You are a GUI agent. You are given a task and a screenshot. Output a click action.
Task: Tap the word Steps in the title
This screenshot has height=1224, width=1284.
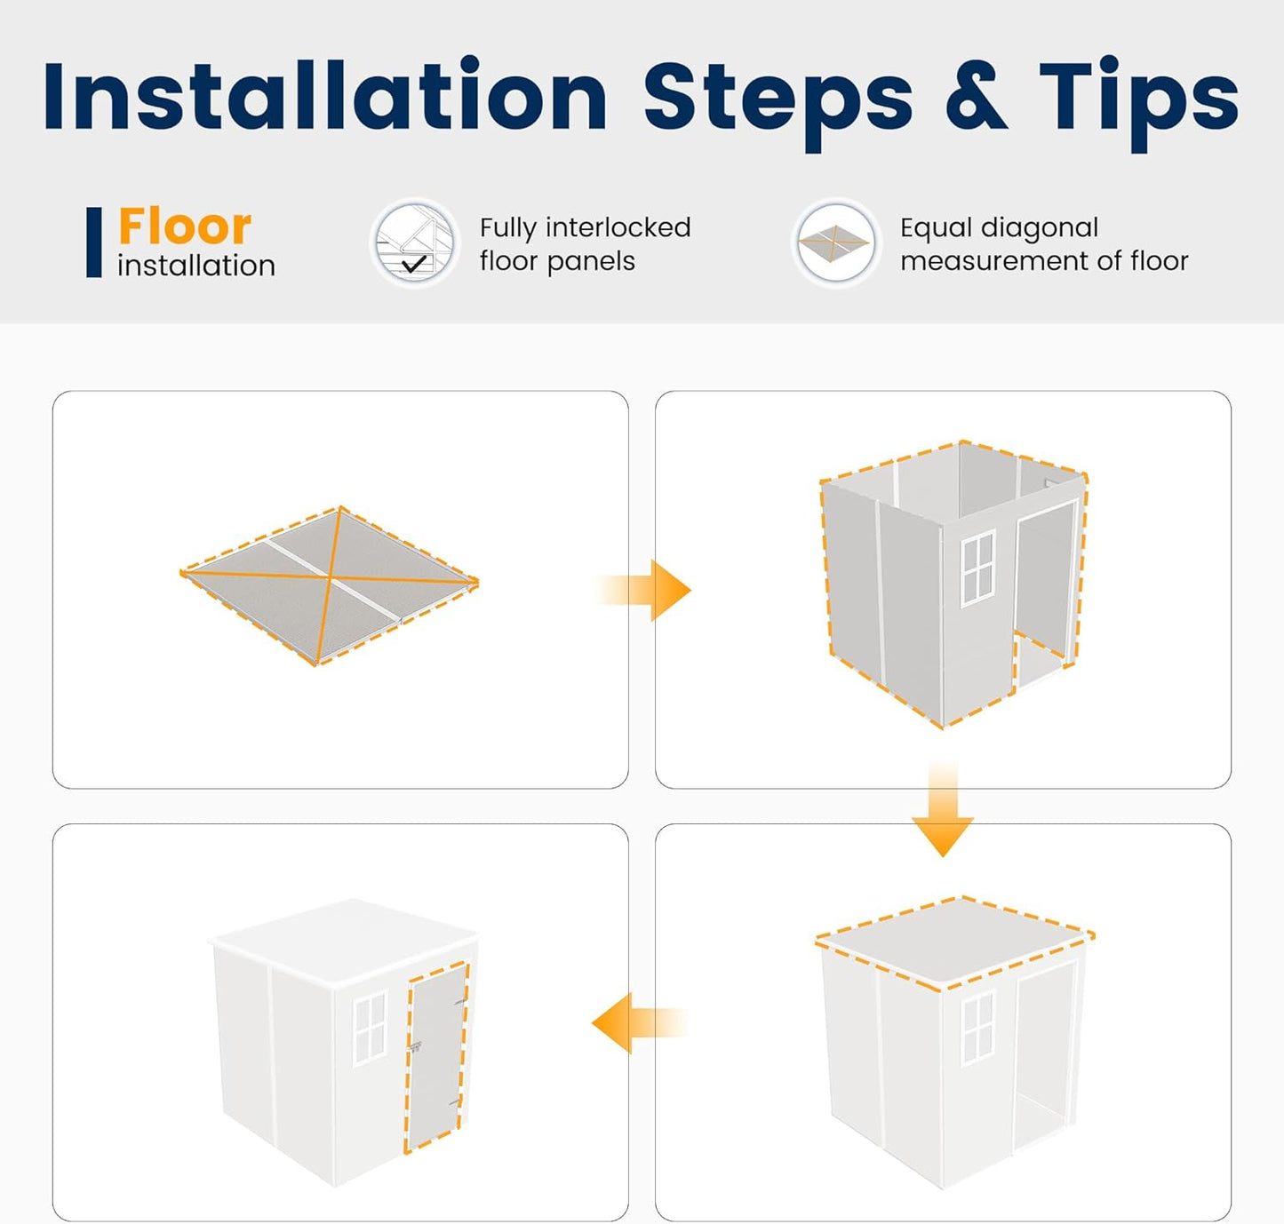click(778, 105)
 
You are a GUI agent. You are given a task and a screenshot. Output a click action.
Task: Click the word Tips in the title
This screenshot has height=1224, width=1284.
click(1139, 105)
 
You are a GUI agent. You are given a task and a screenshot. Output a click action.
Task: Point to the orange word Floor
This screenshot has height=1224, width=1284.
click(185, 226)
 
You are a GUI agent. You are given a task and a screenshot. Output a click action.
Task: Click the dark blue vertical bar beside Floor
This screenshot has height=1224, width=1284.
click(94, 242)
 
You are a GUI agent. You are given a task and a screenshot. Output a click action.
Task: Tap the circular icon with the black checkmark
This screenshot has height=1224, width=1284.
click(414, 243)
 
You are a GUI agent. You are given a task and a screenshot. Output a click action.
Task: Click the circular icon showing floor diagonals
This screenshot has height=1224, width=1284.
click(836, 243)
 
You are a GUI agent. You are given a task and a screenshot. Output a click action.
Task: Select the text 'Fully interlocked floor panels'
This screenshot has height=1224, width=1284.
click(586, 244)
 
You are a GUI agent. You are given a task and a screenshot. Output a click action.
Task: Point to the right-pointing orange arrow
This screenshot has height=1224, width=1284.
click(642, 590)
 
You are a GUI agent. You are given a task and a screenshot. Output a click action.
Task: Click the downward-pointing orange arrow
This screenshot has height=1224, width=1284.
click(943, 808)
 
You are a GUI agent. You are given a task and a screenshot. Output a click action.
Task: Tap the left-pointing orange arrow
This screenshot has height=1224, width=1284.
click(639, 1023)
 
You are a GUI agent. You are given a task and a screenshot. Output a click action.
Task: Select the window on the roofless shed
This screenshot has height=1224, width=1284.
click(977, 568)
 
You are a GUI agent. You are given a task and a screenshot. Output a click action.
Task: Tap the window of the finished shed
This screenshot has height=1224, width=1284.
click(370, 1029)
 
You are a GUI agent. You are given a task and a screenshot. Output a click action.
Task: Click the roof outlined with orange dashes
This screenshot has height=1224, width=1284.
click(955, 942)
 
